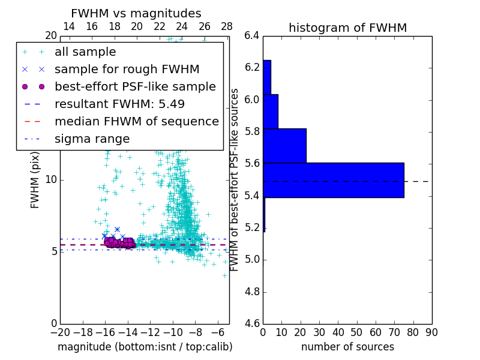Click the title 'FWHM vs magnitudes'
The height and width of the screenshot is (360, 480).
tap(136, 14)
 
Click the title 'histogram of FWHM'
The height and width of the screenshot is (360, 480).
tap(347, 28)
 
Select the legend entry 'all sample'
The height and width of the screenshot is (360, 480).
tap(85, 52)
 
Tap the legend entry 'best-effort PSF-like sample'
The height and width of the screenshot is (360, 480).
tap(135, 86)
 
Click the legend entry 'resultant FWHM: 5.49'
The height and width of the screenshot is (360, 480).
tap(119, 104)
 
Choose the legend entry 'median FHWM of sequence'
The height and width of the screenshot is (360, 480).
tap(136, 121)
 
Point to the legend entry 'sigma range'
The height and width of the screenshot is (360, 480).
tap(92, 139)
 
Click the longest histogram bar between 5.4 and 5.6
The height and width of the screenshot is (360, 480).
tap(334, 180)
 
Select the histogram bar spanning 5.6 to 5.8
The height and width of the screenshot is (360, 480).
tap(285, 146)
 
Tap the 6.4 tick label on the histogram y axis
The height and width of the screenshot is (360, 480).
tap(252, 35)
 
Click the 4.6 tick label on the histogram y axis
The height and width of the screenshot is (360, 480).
tap(252, 324)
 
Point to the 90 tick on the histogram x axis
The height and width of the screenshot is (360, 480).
tap(431, 332)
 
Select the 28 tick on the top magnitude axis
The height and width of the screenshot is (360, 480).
tap(227, 26)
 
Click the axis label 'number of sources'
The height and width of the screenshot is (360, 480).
tap(347, 347)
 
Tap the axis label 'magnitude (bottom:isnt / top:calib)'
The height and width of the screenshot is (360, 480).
tap(145, 347)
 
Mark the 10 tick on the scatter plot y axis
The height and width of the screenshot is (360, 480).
tap(51, 179)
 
